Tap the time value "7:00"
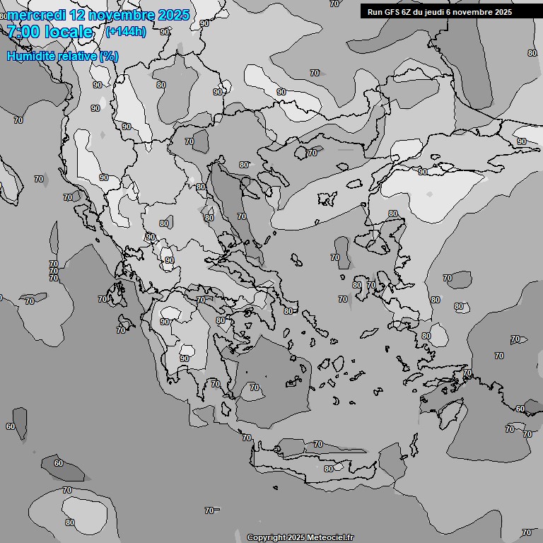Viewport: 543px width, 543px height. point(23,32)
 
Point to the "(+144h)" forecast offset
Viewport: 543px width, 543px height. point(125,31)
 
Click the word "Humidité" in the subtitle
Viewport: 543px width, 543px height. point(29,57)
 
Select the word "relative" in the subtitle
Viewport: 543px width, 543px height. point(74,57)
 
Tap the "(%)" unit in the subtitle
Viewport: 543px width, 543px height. point(108,57)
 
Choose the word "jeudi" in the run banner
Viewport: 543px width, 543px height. point(437,12)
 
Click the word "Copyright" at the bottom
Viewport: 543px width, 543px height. point(267,538)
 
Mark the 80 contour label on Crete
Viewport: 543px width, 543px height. point(328,469)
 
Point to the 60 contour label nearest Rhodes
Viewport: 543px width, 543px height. point(520,409)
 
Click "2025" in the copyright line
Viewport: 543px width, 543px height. point(296,538)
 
